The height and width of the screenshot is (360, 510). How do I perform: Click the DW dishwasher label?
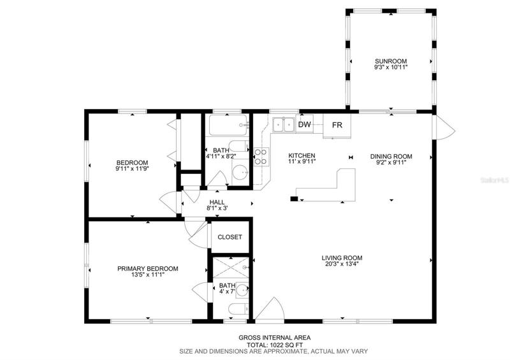(305, 124)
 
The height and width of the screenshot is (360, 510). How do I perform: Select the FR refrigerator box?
(337, 126)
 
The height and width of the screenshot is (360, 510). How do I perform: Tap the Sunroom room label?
(391, 61)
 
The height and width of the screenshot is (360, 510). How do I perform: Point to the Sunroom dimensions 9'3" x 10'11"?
(391, 68)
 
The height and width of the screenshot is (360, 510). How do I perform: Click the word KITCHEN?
(302, 155)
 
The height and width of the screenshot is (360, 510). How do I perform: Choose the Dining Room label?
(391, 156)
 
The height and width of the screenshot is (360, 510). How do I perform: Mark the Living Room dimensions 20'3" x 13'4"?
(342, 264)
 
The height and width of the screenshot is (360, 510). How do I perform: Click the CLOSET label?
(230, 237)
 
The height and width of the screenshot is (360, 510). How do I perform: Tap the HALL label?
(217, 202)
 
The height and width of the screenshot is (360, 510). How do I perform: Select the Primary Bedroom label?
(148, 269)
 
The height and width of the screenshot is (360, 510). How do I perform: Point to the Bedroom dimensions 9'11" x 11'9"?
(132, 169)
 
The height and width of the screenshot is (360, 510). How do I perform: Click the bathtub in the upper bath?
(228, 125)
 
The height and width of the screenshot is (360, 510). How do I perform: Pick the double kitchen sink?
(284, 125)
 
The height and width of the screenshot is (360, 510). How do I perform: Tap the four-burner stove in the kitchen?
(261, 157)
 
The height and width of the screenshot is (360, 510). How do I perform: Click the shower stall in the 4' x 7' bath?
(231, 268)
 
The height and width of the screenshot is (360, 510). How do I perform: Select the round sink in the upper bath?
(240, 172)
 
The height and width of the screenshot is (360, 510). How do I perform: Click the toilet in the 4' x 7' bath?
(238, 309)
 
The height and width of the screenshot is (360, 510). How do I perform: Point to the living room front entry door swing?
(270, 309)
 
